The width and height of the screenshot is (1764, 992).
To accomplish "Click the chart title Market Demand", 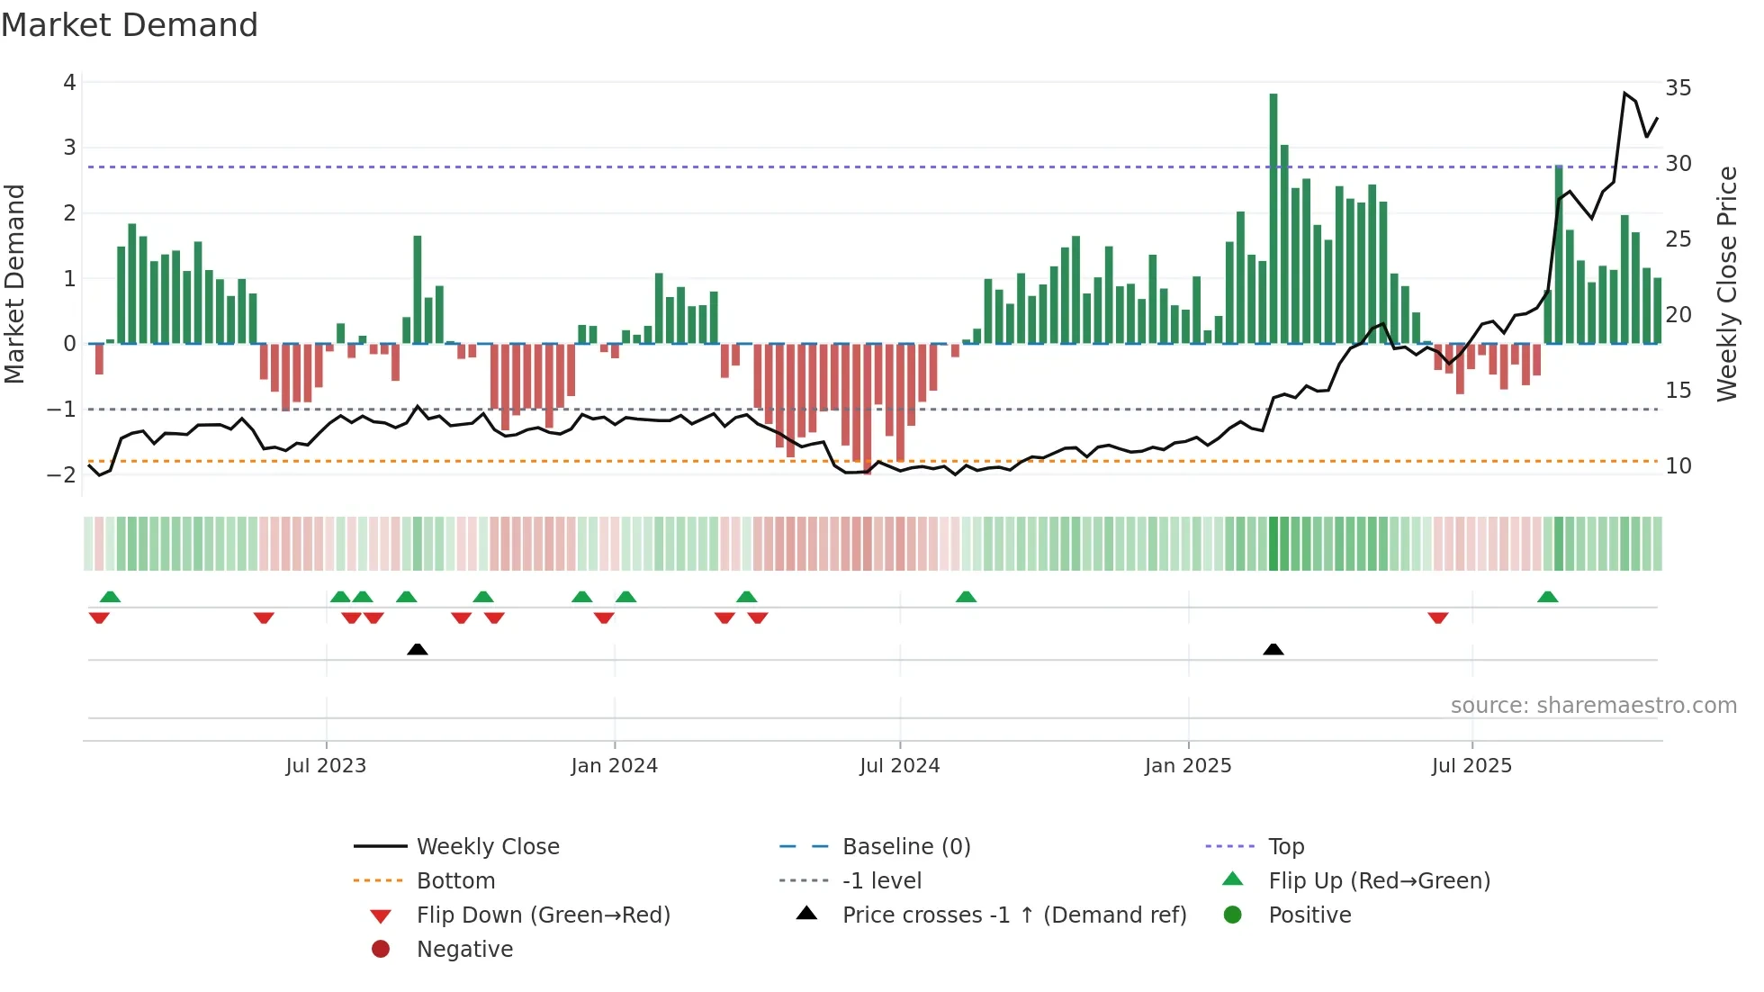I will point(130,25).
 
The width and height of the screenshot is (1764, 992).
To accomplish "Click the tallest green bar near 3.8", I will point(1273,216).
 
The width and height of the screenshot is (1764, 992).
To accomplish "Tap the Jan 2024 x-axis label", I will point(614,766).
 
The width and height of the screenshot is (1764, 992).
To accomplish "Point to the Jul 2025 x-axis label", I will point(1471,766).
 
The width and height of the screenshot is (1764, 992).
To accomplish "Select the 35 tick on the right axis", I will point(1678,88).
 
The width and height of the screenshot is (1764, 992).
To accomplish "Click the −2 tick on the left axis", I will point(62,474).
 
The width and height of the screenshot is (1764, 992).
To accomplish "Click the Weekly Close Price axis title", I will point(1726,284).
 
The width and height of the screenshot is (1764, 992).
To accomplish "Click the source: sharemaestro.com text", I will point(1593,706).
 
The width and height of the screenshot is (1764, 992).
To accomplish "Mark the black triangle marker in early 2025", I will point(1273,649).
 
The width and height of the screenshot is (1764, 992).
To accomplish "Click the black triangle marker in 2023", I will point(417,649).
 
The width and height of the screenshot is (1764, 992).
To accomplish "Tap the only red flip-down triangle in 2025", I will point(1437,618).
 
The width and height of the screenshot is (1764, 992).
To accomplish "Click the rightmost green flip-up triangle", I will point(1547,597).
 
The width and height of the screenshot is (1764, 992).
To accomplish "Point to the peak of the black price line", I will point(1625,93).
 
